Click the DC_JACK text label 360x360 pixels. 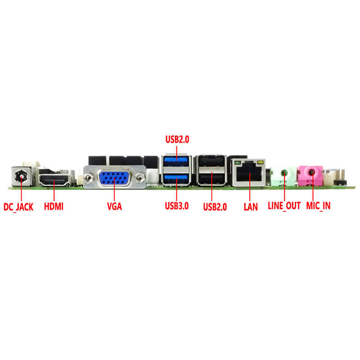(18, 207)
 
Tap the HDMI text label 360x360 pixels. (54, 207)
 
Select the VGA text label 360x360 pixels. (114, 207)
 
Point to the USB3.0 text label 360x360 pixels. (177, 206)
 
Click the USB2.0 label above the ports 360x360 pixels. (177, 139)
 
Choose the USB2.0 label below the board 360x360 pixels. (215, 207)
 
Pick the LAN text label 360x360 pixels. (251, 207)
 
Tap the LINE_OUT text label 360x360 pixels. (284, 206)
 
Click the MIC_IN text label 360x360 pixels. (318, 206)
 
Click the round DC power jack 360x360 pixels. (21, 177)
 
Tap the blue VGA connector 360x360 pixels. (114, 178)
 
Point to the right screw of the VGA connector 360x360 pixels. (140, 177)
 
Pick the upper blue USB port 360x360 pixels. (176, 161)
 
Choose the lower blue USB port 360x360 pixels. (176, 179)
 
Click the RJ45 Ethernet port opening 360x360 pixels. (249, 175)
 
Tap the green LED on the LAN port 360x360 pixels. (238, 163)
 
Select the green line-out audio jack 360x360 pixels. (284, 173)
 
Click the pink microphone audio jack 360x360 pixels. (311, 172)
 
